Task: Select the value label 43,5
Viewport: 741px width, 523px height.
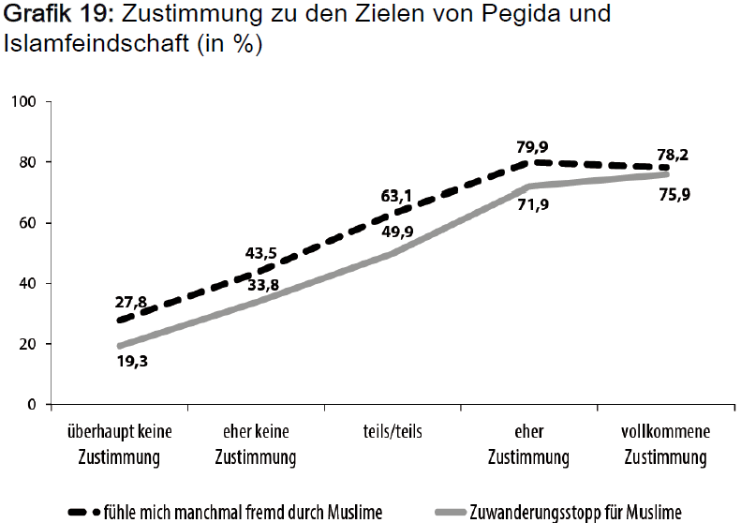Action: [261, 254]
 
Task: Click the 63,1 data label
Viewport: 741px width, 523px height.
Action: [397, 197]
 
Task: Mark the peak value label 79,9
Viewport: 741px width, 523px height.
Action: [531, 146]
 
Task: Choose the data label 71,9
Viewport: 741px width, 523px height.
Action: [532, 204]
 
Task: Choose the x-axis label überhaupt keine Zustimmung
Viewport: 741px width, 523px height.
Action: [120, 445]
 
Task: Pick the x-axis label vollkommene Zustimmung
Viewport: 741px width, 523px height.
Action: [666, 445]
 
